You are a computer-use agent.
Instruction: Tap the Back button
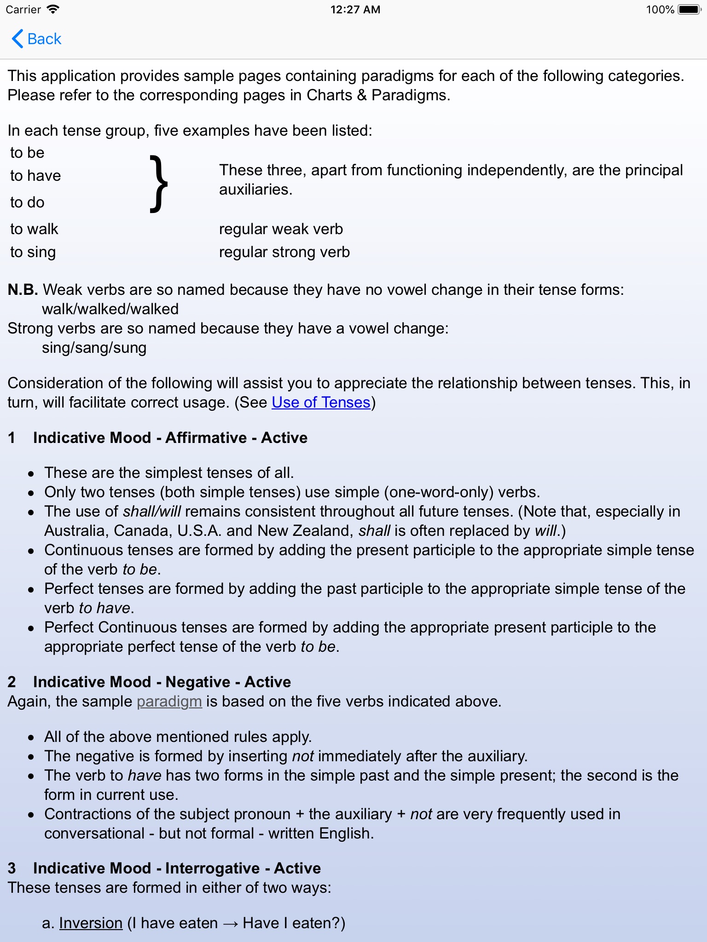pos(37,39)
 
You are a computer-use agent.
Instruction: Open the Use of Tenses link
pos(321,402)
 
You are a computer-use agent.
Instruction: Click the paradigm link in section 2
pos(169,701)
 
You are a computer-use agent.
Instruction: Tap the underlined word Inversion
pos(91,923)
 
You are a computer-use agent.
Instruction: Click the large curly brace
pos(159,184)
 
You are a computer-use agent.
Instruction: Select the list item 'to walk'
pos(35,229)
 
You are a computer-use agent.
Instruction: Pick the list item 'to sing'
pos(33,252)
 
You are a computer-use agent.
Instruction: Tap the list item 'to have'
pos(35,176)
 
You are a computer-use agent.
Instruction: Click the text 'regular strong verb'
pos(284,252)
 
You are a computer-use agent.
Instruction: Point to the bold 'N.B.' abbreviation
pos(23,290)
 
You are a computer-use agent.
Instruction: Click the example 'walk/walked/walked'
pos(110,309)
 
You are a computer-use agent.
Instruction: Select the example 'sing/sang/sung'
pos(94,348)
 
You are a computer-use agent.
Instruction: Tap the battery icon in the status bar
pos(689,10)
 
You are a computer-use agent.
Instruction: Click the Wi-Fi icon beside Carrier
pos(53,10)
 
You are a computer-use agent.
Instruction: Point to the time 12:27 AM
pos(355,10)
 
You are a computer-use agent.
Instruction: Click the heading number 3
pos(12,868)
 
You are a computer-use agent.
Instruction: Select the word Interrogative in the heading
pos(212,868)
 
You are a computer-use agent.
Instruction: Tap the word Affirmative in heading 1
pos(206,438)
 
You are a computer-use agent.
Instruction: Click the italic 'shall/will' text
pos(152,511)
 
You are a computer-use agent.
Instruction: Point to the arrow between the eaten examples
pos(230,924)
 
